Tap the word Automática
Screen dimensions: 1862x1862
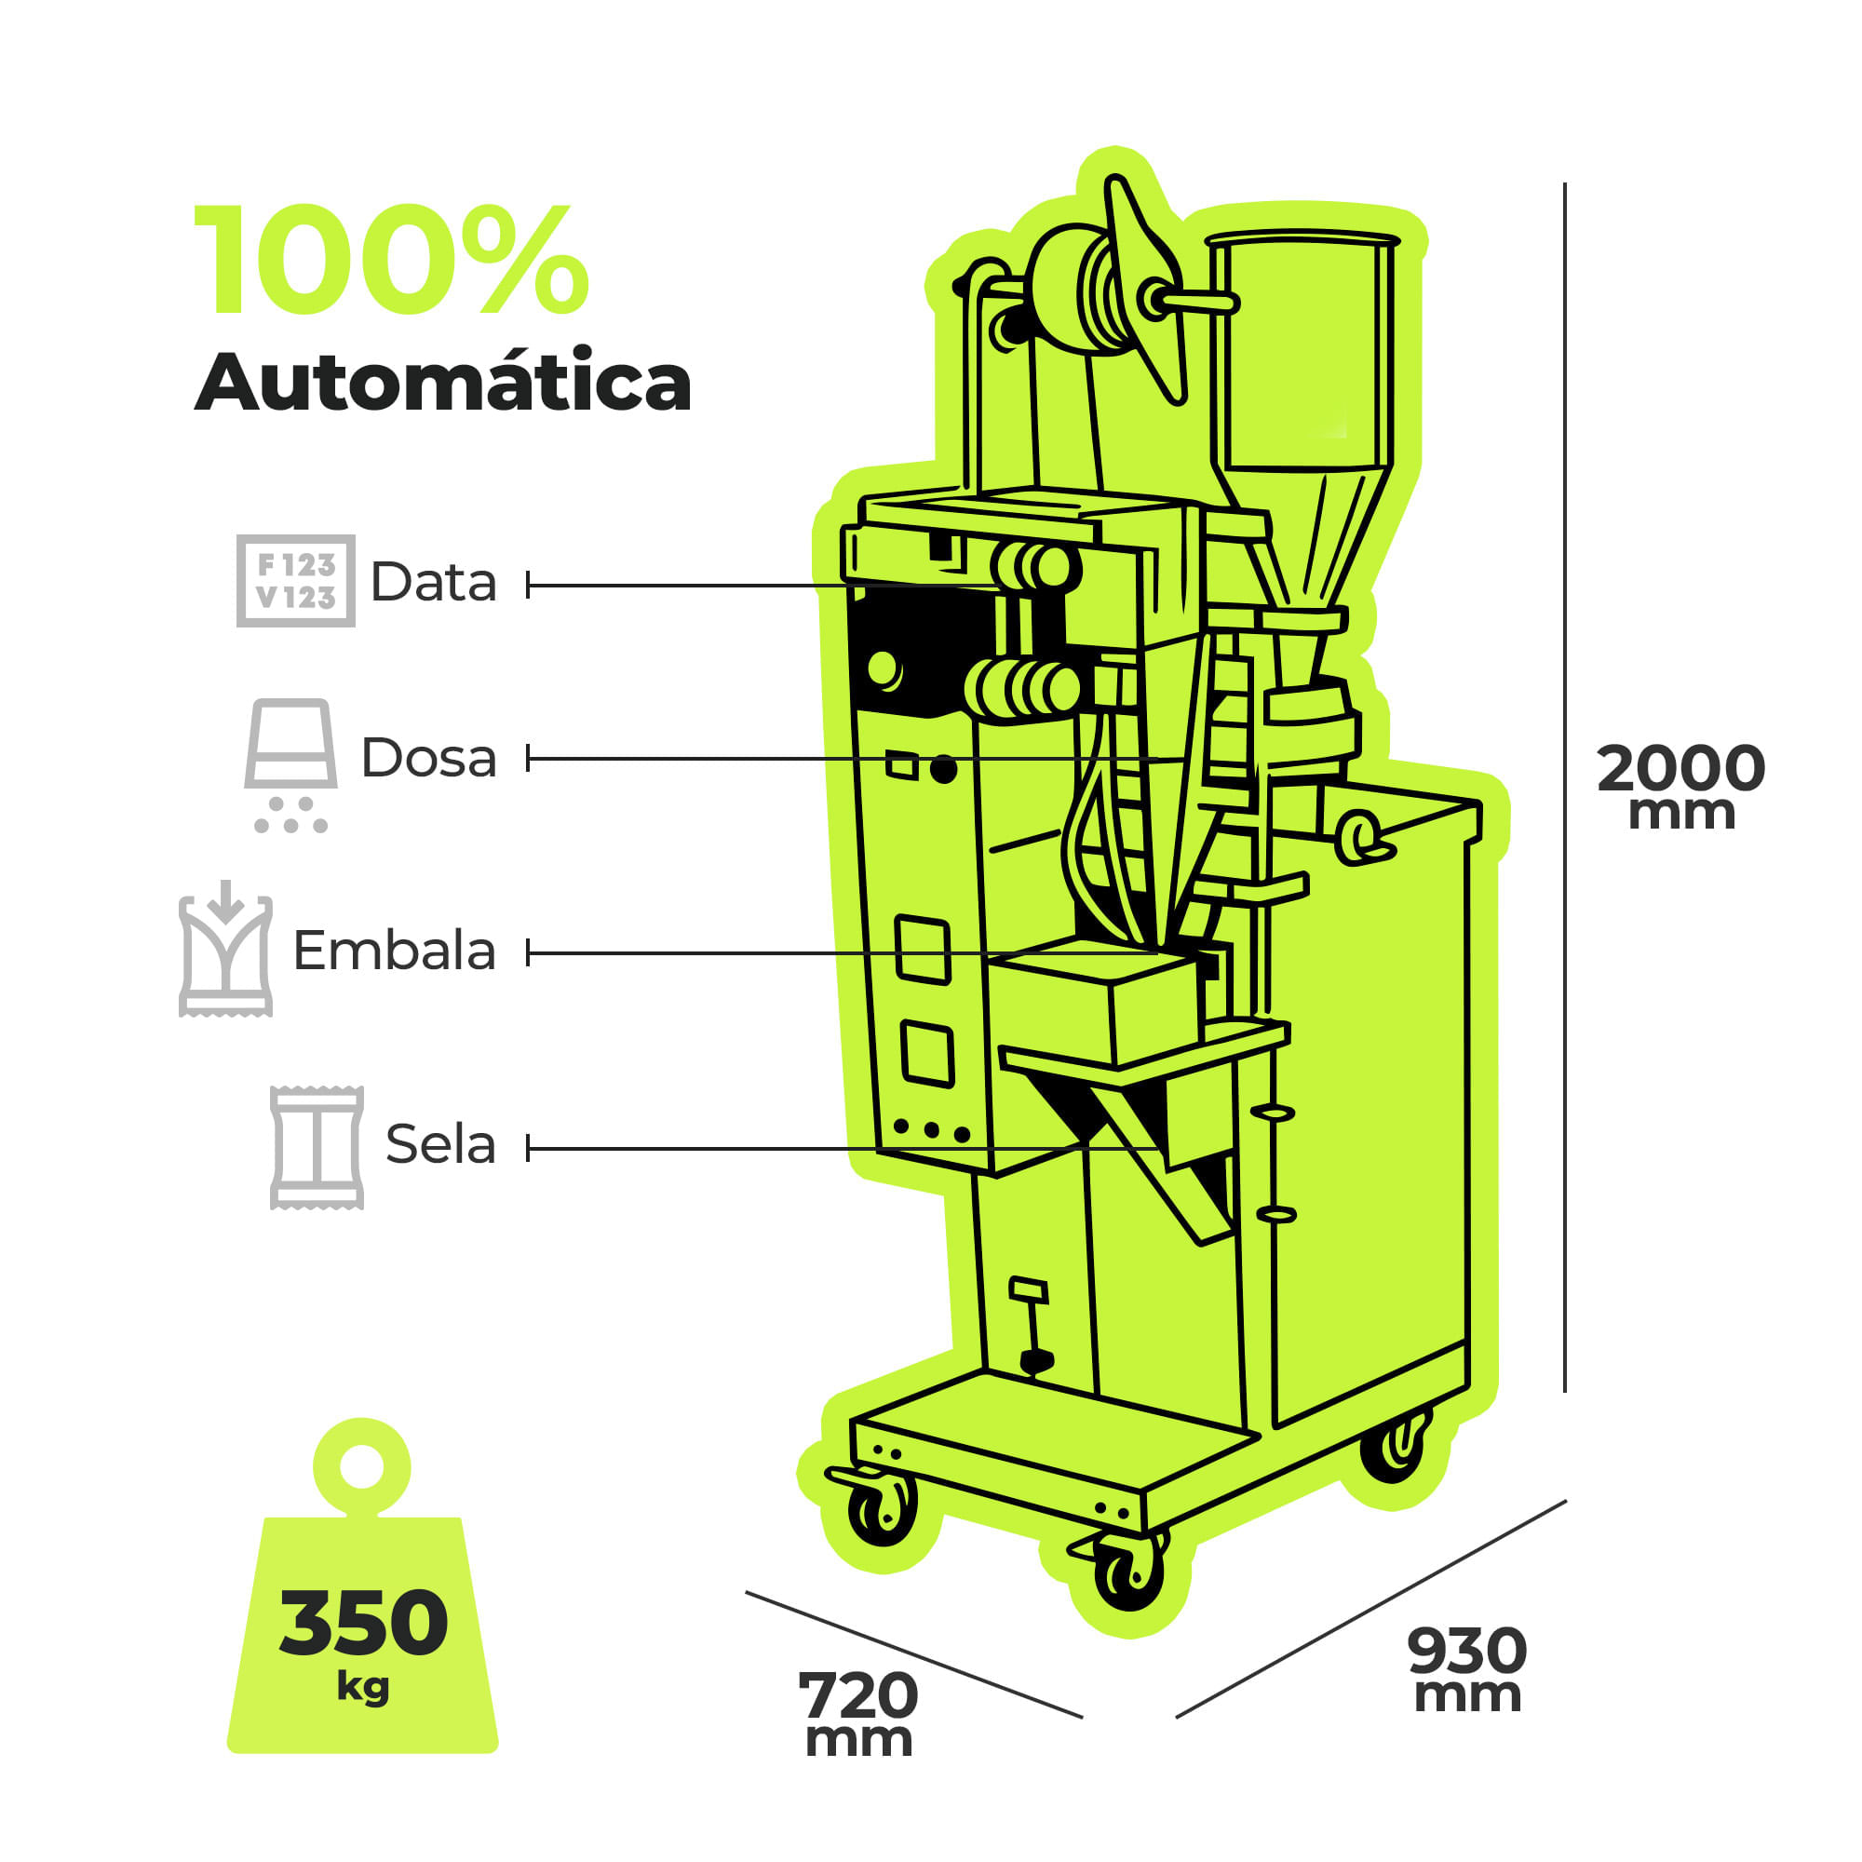pyautogui.click(x=443, y=382)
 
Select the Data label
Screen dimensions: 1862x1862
pyautogui.click(x=434, y=582)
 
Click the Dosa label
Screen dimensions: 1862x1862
pyautogui.click(x=429, y=758)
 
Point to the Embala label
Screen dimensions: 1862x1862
pyautogui.click(x=394, y=951)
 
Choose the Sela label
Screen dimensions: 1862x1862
pyautogui.click(x=440, y=1144)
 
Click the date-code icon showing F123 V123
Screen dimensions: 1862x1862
pyautogui.click(x=296, y=581)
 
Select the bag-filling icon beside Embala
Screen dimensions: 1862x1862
pyautogui.click(x=225, y=949)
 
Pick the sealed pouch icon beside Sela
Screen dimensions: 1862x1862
pyautogui.click(x=317, y=1147)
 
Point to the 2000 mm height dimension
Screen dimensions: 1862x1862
pyautogui.click(x=1680, y=783)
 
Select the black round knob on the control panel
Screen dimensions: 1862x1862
pyautogui.click(x=943, y=769)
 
